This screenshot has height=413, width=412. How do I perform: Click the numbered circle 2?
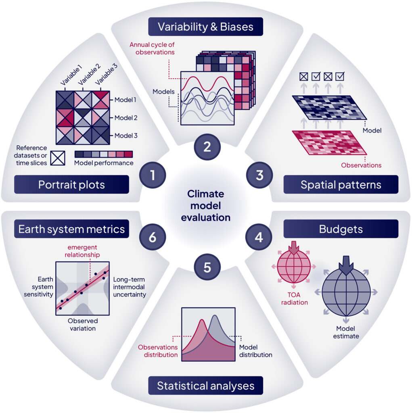click(x=207, y=147)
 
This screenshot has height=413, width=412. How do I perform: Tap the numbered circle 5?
click(x=207, y=267)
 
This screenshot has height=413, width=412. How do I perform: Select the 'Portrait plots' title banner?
click(x=71, y=184)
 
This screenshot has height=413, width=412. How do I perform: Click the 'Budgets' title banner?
click(x=341, y=229)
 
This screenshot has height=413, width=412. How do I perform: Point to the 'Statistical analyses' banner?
click(x=206, y=386)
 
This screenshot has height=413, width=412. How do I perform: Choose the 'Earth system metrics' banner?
click(x=71, y=229)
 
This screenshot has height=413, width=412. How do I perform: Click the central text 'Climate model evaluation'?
click(x=206, y=206)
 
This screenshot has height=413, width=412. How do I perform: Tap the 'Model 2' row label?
click(x=126, y=118)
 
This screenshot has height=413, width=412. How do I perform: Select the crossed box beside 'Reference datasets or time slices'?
click(x=58, y=158)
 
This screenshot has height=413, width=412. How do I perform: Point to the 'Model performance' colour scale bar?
click(x=104, y=154)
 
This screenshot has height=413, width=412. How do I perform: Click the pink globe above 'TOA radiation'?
click(x=294, y=266)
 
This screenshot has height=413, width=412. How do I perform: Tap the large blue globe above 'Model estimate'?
click(x=346, y=292)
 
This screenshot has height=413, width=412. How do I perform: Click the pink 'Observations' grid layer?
click(x=329, y=142)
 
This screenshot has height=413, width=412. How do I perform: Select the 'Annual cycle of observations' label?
click(x=152, y=48)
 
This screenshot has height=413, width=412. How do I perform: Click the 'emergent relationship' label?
click(x=82, y=251)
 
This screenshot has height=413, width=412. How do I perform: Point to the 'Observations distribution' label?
click(x=158, y=351)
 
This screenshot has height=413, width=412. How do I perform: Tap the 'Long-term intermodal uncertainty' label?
click(x=130, y=287)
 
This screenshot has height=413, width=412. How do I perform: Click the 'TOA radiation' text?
click(x=294, y=298)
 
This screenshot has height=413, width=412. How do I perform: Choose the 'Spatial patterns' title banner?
click(x=341, y=184)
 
